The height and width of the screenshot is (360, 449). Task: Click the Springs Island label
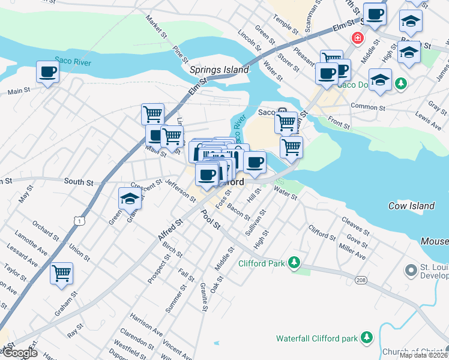tap(219, 70)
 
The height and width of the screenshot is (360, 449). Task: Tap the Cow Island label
tap(411, 206)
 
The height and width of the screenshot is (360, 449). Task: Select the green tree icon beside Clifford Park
tap(294, 263)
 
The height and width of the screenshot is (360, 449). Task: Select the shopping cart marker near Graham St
tap(61, 274)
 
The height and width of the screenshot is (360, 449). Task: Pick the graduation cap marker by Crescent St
tap(130, 198)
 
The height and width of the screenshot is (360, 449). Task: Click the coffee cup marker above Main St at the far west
tap(47, 72)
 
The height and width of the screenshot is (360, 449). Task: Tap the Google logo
tap(20, 353)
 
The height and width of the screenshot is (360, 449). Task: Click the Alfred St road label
tap(170, 230)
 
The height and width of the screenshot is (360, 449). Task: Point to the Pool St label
tap(211, 220)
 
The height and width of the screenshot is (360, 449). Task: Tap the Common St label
tap(367, 107)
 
